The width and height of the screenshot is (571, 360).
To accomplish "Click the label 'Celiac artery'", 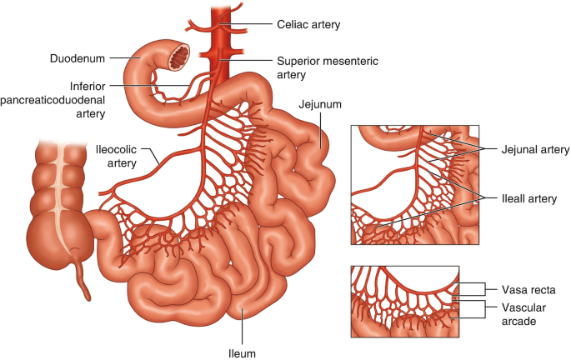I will [x=308, y=25].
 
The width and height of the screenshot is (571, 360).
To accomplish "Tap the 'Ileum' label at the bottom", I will [x=241, y=352].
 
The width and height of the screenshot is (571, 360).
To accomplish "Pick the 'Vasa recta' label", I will [x=528, y=289].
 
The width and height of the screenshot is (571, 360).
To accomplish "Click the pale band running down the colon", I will [x=60, y=192].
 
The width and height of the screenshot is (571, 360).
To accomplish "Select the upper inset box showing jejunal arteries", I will [x=415, y=185].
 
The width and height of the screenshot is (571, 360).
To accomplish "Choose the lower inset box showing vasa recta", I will [x=403, y=302].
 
